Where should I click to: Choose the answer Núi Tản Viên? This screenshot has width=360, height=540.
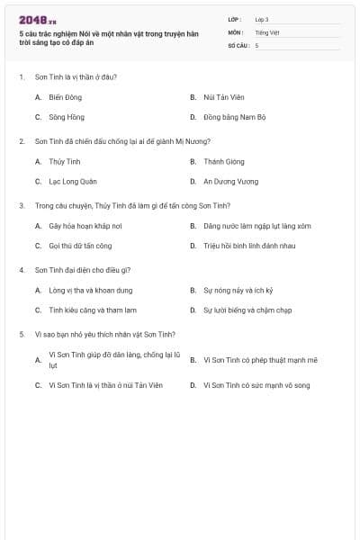click(221, 96)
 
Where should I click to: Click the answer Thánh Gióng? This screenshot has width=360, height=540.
click(225, 161)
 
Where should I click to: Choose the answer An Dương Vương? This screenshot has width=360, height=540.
click(230, 181)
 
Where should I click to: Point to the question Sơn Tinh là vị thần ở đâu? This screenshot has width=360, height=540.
click(76, 76)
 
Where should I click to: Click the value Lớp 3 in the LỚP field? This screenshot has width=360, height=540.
click(261, 19)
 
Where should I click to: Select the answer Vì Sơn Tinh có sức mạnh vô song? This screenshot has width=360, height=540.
click(256, 384)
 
